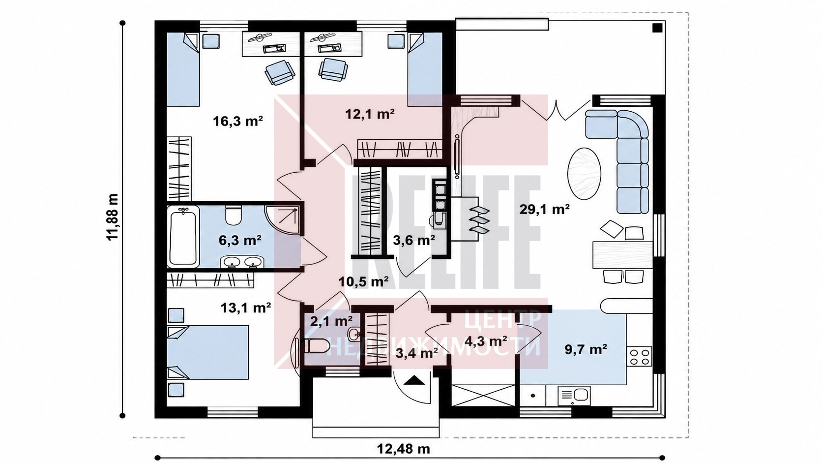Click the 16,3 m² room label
pyautogui.click(x=238, y=121)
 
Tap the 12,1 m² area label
pyautogui.click(x=370, y=114)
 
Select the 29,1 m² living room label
pyautogui.click(x=545, y=209)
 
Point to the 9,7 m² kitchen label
pyautogui.click(x=586, y=349)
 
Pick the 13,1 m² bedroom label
pyautogui.click(x=246, y=308)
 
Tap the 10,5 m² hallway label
pyautogui.click(x=363, y=281)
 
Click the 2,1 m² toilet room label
pyautogui.click(x=331, y=321)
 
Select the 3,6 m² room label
pyautogui.click(x=414, y=240)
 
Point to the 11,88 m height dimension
pyautogui.click(x=113, y=217)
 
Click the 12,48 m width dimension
pyautogui.click(x=403, y=449)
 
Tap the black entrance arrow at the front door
pyautogui.click(x=414, y=380)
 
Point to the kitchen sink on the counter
pyautogui.click(x=574, y=395)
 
